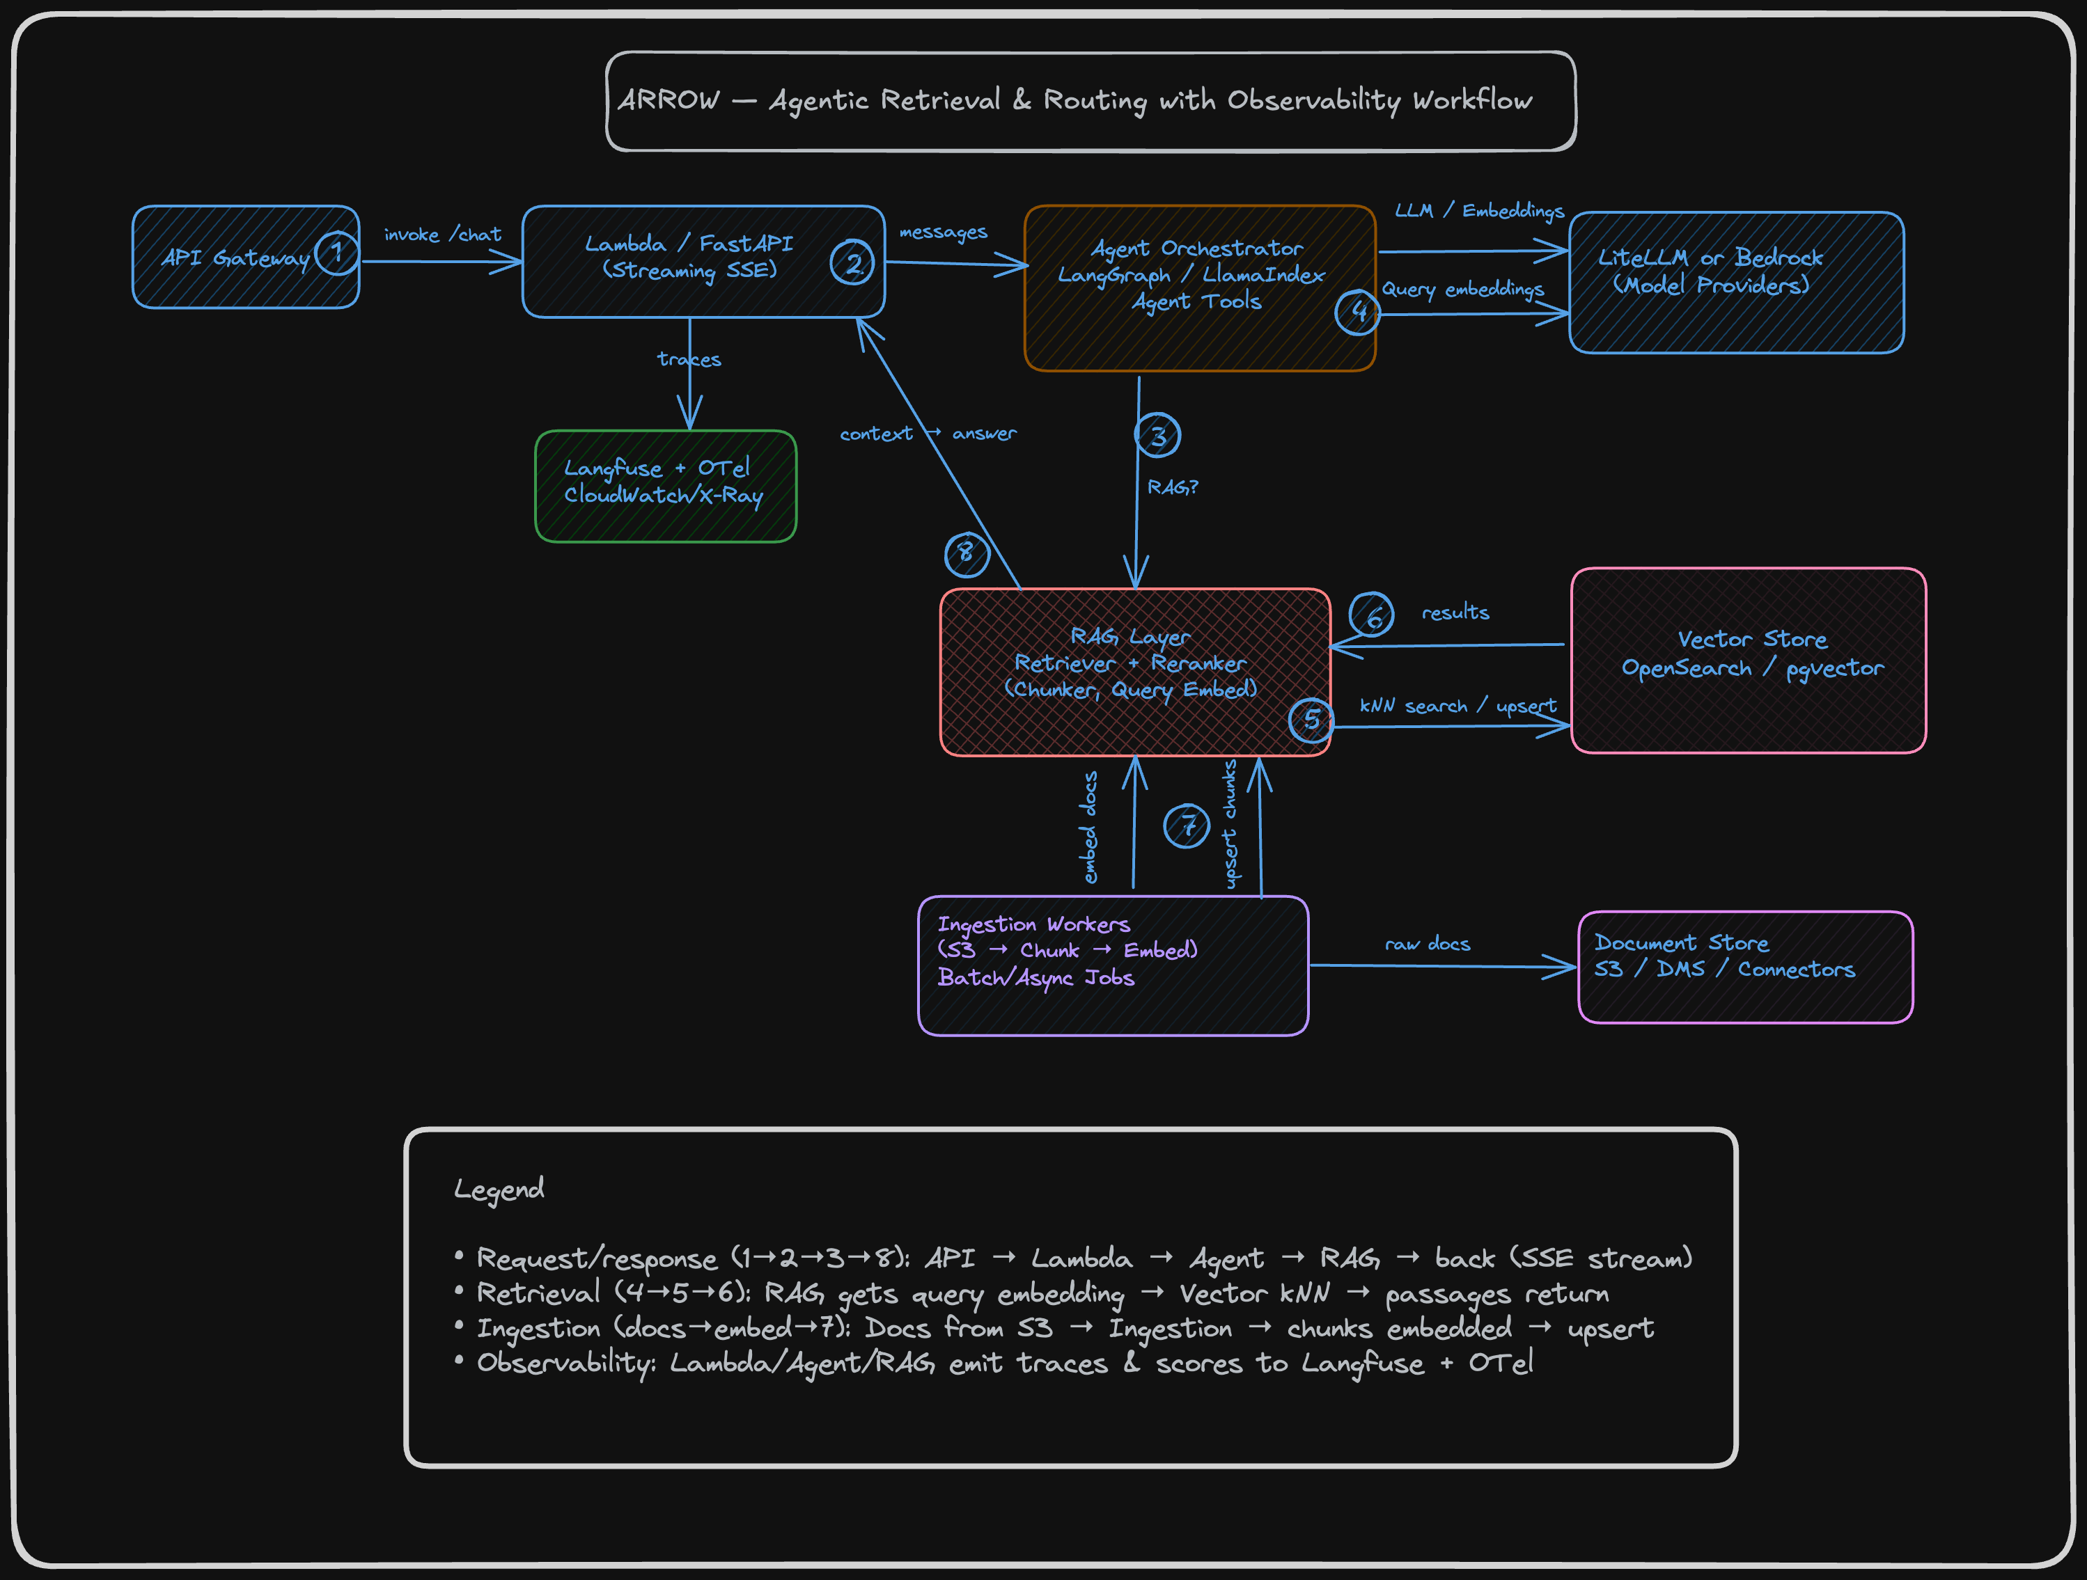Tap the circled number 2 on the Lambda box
click(x=852, y=263)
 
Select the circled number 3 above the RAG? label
click(x=1157, y=436)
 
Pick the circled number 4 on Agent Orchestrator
click(x=1358, y=311)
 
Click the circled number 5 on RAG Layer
click(x=1311, y=720)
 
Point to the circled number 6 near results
click(x=1372, y=615)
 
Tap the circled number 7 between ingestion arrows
click(x=1187, y=825)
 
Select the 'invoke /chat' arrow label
click(x=442, y=235)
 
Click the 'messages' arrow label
click(x=943, y=232)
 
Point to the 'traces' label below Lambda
click(x=689, y=359)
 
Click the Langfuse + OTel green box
click(x=665, y=487)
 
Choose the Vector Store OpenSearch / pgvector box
click(x=1749, y=661)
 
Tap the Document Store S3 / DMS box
click(x=1746, y=967)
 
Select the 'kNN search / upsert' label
click(x=1457, y=706)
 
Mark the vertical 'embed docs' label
click(x=1090, y=828)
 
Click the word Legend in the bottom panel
click(x=499, y=1189)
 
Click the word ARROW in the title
click(x=669, y=100)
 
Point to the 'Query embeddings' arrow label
click(x=1462, y=289)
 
